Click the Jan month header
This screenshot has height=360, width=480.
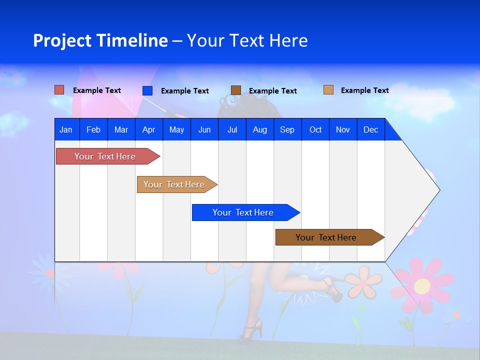click(66, 129)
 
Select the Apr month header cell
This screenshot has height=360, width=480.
click(148, 129)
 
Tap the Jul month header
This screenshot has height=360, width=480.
click(232, 129)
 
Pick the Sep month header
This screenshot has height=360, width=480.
click(287, 129)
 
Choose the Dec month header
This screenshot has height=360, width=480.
click(370, 129)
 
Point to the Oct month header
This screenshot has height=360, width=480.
click(315, 129)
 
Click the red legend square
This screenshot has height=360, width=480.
click(59, 90)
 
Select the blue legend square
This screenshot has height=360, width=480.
click(147, 90)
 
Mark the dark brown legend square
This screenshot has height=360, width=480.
click(235, 90)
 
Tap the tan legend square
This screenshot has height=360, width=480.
click(328, 90)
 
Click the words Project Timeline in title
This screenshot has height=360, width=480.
click(100, 40)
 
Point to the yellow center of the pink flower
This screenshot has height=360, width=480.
click(422, 286)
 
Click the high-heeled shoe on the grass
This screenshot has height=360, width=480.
click(251, 330)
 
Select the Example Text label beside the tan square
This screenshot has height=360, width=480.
click(364, 90)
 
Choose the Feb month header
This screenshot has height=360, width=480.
click(93, 129)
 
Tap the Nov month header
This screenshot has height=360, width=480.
click(343, 129)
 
